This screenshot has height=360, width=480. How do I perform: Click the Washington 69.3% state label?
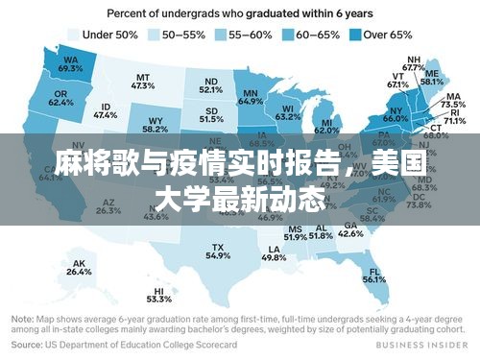70,63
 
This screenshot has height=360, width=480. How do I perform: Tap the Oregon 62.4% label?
60,97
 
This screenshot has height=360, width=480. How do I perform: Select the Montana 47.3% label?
143,81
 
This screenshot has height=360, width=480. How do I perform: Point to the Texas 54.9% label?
219,252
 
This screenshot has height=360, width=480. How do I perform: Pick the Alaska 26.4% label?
79,268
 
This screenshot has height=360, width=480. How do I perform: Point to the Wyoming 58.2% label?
155,125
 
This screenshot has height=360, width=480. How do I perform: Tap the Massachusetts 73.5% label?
453,100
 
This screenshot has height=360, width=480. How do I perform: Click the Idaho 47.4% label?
106,110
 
